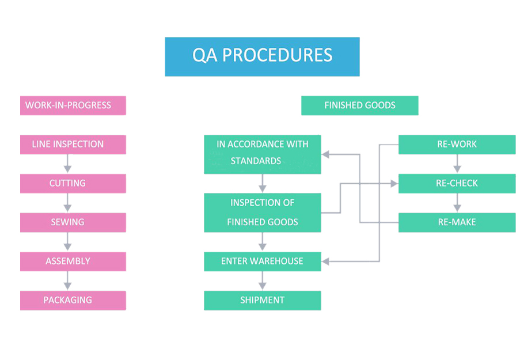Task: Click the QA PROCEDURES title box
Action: click(263, 57)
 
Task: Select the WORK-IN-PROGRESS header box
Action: click(73, 105)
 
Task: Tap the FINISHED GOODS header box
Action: click(359, 105)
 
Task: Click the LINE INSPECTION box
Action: click(73, 145)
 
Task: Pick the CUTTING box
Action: click(73, 184)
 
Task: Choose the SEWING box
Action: click(73, 222)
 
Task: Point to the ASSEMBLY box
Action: click(73, 262)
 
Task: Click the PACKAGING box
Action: click(73, 301)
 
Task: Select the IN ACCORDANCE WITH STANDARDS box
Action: click(263, 154)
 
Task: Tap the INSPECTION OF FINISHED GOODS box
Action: click(263, 213)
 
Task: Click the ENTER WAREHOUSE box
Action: click(263, 262)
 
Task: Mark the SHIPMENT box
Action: click(263, 301)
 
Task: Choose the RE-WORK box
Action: click(457, 145)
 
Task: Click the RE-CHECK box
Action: click(457, 184)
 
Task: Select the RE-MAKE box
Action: click(457, 222)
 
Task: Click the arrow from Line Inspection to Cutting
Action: click(67, 164)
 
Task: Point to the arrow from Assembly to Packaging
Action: click(67, 281)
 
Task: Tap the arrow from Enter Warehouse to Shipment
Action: click(263, 281)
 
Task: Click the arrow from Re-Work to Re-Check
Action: click(457, 164)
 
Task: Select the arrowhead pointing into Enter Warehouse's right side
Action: click(325, 262)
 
